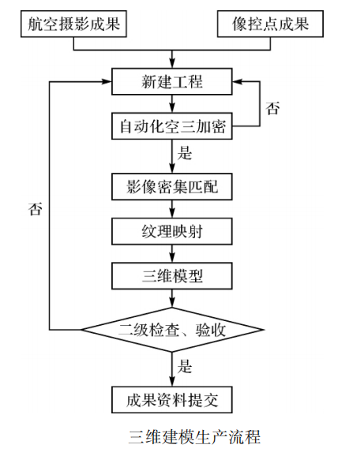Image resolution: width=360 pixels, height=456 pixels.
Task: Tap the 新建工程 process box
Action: tap(172, 81)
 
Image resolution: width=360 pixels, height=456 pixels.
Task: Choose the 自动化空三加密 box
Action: tap(172, 125)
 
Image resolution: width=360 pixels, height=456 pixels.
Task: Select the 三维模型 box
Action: tap(172, 275)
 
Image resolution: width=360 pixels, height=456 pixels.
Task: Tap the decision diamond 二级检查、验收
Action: tap(172, 329)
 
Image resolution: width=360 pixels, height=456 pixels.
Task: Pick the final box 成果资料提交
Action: tap(172, 398)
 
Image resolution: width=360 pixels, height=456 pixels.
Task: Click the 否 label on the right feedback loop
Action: tap(272, 109)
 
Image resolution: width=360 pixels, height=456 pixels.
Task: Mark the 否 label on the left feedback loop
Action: tap(35, 209)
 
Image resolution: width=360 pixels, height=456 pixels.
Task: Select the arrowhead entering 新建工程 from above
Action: tap(172, 63)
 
